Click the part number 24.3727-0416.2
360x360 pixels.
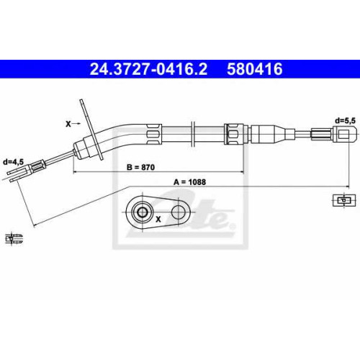click(x=148, y=69)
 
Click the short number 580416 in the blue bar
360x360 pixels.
click(x=255, y=69)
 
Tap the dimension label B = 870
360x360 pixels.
click(x=140, y=167)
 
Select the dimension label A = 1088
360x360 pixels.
click(x=189, y=182)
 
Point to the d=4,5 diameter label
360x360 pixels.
click(x=13, y=162)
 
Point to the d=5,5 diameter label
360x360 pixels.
click(x=345, y=121)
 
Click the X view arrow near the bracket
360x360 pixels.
click(x=73, y=124)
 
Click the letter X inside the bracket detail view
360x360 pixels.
click(x=158, y=219)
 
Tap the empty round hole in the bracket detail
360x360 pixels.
click(x=178, y=212)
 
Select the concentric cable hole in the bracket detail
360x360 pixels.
click(x=142, y=212)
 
